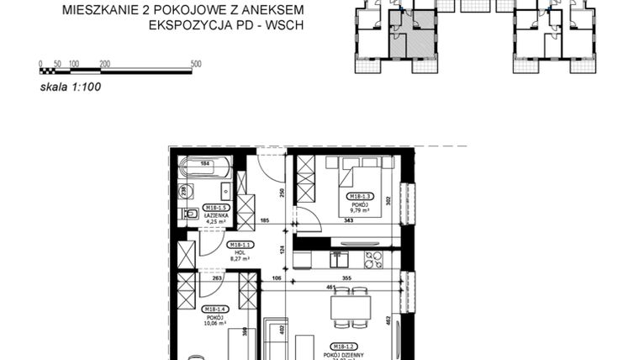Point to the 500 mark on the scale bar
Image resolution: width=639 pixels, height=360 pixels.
pyautogui.click(x=196, y=64)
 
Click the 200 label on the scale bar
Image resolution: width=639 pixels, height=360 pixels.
pyautogui.click(x=104, y=64)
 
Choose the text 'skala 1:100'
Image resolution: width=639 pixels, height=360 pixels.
pyautogui.click(x=70, y=85)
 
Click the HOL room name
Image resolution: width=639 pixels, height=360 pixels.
pyautogui.click(x=240, y=251)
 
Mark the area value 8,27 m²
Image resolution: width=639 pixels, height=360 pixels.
pyautogui.click(x=240, y=258)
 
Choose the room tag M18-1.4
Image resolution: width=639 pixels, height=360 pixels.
pyautogui.click(x=214, y=310)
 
